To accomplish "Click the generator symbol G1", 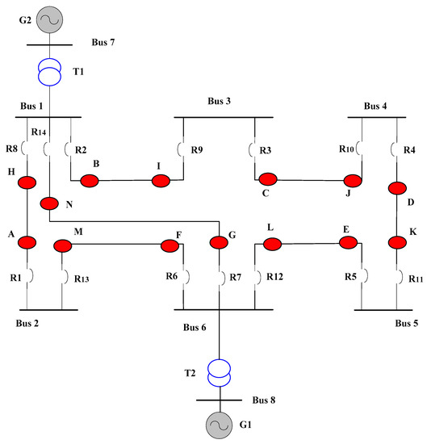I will click(219, 423).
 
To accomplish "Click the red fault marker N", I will click(49, 201).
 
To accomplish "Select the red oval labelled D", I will click(396, 189).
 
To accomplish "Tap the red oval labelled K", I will click(396, 241).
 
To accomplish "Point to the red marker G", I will click(219, 241).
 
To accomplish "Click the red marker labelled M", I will click(65, 245).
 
